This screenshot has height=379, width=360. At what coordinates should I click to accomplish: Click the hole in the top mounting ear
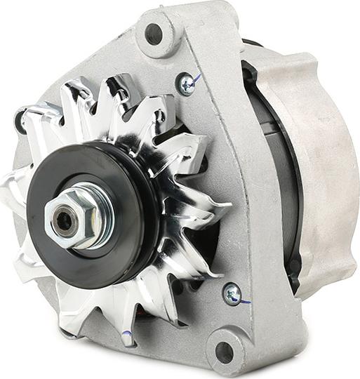click(x=154, y=33)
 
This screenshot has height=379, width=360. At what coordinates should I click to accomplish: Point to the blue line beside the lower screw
click(x=244, y=302)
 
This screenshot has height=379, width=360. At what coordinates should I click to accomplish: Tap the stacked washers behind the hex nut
click(x=95, y=211)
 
